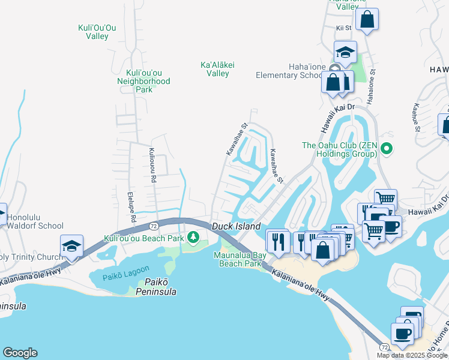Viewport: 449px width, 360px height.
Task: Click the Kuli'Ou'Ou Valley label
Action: pyautogui.click(x=93, y=32)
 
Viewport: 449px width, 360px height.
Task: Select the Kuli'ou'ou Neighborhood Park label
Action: pyautogui.click(x=143, y=81)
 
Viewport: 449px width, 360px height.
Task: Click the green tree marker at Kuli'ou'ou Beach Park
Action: pyautogui.click(x=193, y=238)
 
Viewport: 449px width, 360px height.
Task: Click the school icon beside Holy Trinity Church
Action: pyautogui.click(x=71, y=246)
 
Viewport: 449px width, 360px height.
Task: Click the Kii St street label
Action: pyautogui.click(x=343, y=28)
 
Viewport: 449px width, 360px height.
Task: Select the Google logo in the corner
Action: pyautogui.click(x=20, y=353)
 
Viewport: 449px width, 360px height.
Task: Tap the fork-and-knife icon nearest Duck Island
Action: pyautogui.click(x=277, y=241)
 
